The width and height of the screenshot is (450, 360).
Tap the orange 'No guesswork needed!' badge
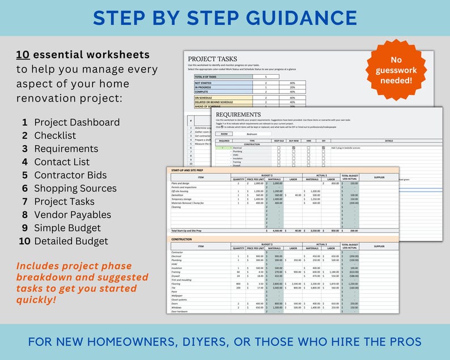click(x=396, y=71)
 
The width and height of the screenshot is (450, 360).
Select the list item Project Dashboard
click(x=77, y=122)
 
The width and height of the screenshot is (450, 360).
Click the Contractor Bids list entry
click(x=70, y=175)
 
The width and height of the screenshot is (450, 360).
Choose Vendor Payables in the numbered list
click(x=73, y=215)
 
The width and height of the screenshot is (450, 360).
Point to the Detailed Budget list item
click(x=71, y=241)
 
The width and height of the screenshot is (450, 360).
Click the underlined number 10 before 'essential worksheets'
click(x=23, y=55)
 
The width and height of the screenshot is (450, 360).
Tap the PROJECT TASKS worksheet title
click(x=212, y=58)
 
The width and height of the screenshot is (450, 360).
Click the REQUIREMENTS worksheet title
click(x=239, y=115)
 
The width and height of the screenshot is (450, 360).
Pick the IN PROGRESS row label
click(x=203, y=87)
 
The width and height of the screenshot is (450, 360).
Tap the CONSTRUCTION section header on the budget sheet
click(x=182, y=239)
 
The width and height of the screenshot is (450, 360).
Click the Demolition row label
click(x=178, y=195)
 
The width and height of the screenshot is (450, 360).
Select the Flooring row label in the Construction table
click(x=177, y=283)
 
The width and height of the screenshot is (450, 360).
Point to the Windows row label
click(x=177, y=308)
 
